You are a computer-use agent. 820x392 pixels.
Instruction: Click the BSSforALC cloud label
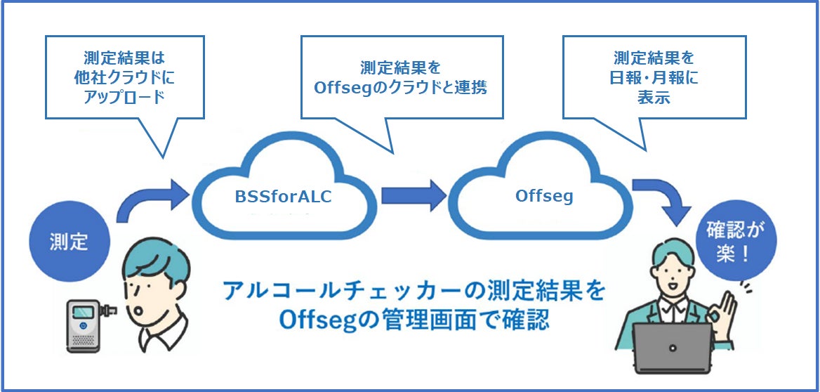pyautogui.click(x=283, y=197)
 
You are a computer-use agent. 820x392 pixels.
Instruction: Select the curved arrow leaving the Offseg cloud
pyautogui.click(x=660, y=199)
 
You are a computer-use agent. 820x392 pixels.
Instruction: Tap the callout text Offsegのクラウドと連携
pyautogui.click(x=402, y=88)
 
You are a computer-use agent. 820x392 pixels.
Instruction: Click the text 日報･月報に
pyautogui.click(x=654, y=77)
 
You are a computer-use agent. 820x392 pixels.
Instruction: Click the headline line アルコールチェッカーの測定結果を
pyautogui.click(x=413, y=291)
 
